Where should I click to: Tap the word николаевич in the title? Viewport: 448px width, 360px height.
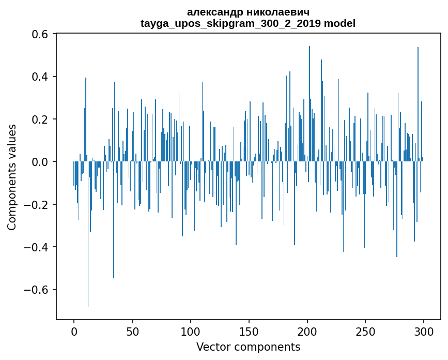click(x=276, y=12)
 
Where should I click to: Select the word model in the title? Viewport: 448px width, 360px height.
click(x=339, y=23)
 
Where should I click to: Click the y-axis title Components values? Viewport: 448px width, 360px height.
click(x=12, y=177)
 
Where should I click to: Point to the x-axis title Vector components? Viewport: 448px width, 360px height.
click(x=248, y=347)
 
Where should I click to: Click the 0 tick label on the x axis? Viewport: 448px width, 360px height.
click(x=74, y=331)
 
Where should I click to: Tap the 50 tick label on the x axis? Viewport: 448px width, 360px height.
click(x=132, y=331)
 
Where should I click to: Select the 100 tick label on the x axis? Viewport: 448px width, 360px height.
click(x=191, y=331)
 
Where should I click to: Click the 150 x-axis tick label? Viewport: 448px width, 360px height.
click(x=249, y=331)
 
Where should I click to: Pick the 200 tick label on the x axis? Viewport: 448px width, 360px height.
click(x=307, y=331)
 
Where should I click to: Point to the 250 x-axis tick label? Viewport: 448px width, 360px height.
click(x=365, y=331)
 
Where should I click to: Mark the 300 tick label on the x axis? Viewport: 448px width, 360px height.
click(x=424, y=331)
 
